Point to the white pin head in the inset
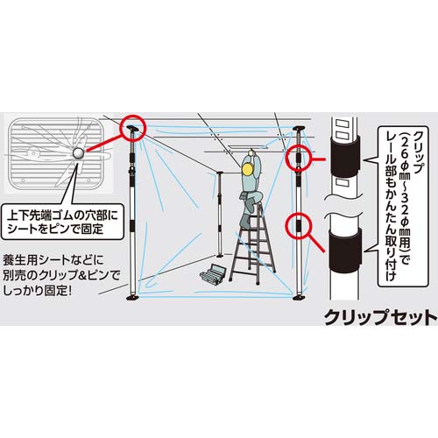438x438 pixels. click(79, 153)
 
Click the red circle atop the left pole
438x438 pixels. click(133, 128)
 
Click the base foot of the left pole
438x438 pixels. click(134, 300)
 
